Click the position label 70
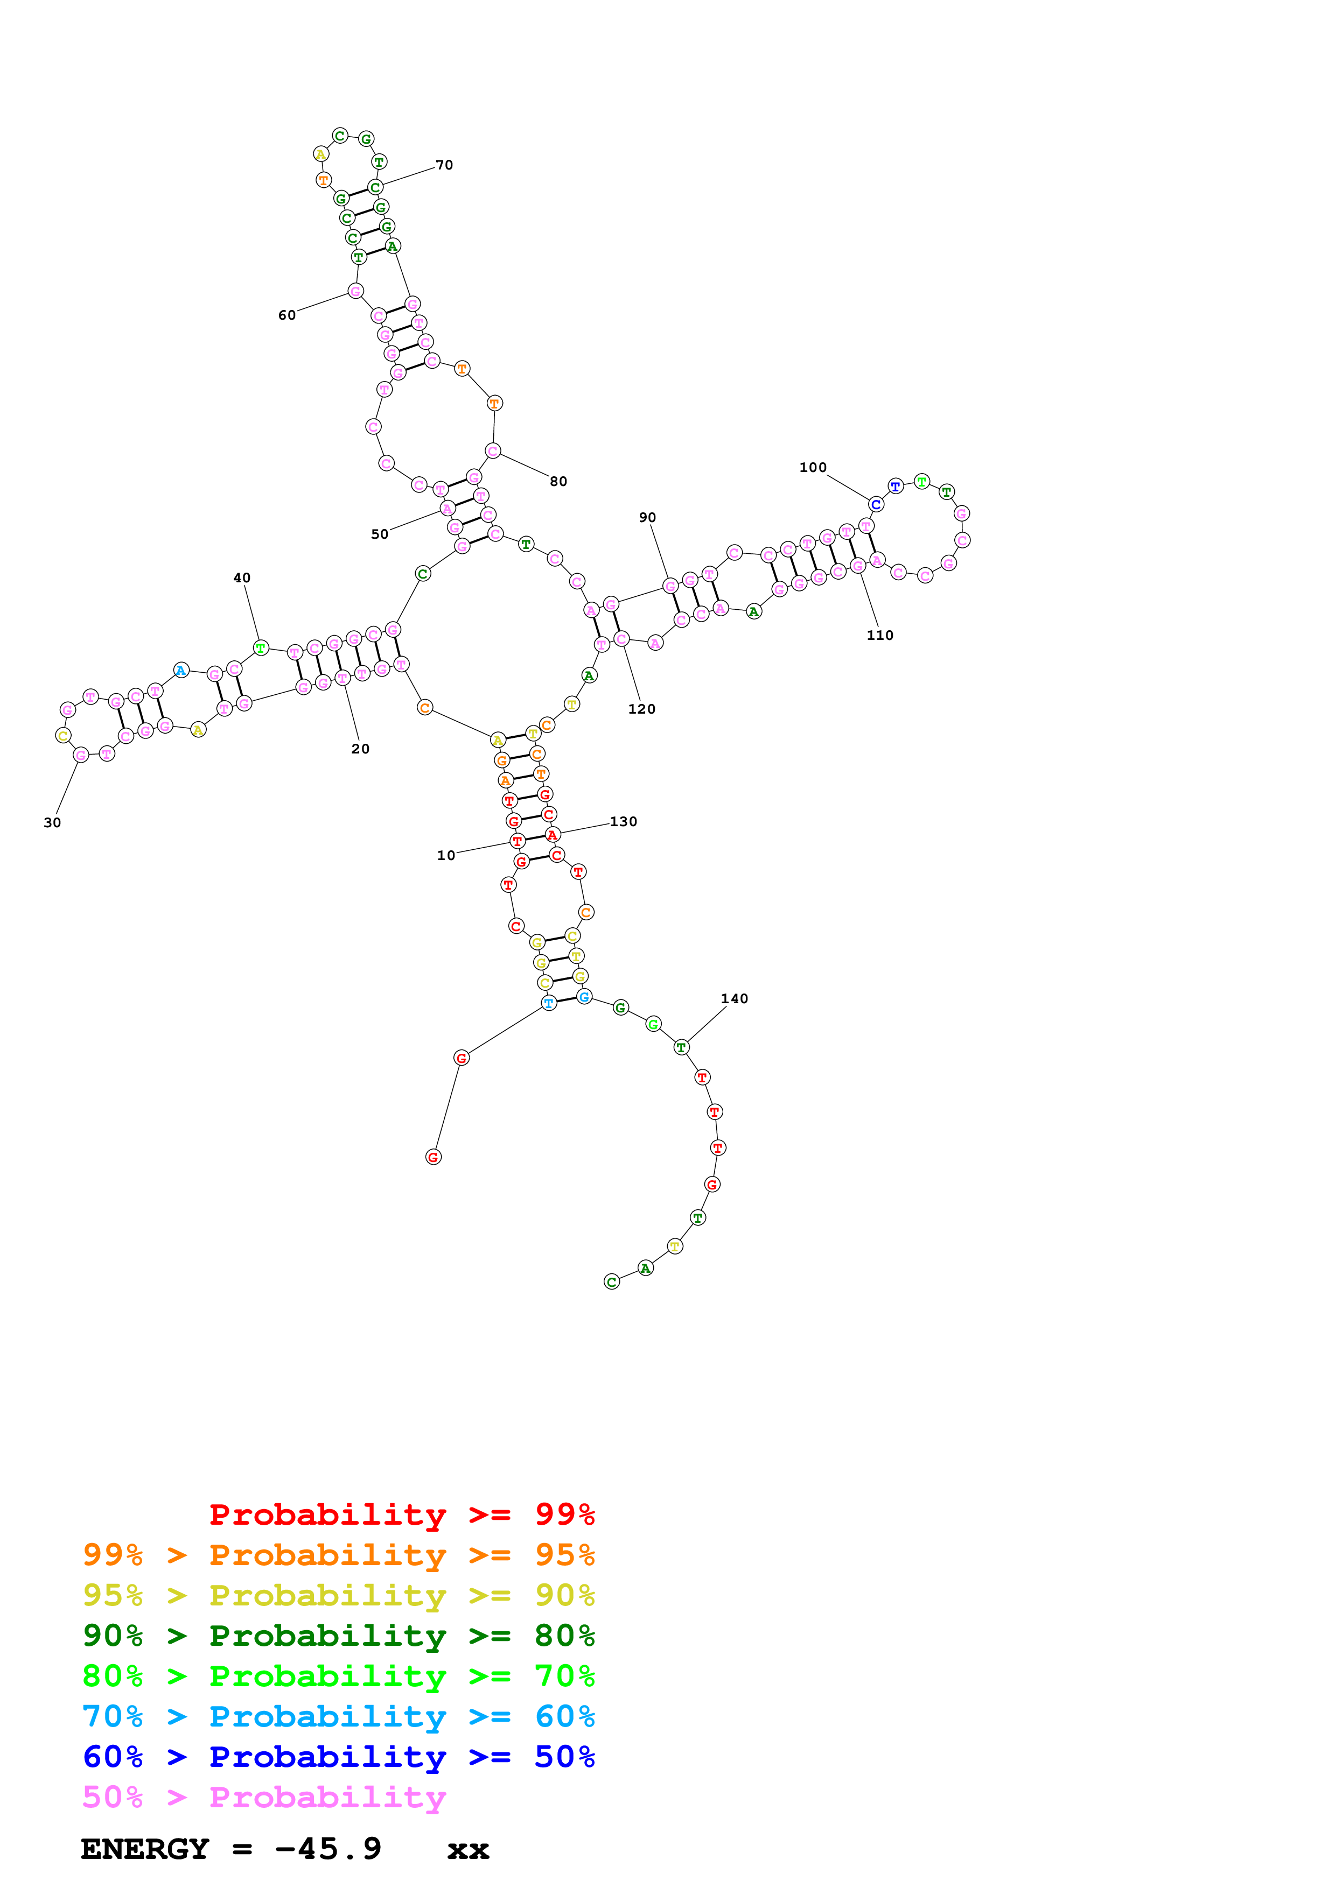(444, 165)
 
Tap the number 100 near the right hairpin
(813, 468)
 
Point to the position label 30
(52, 823)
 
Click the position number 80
(558, 482)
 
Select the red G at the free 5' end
(434, 1158)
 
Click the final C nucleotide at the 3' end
(611, 1282)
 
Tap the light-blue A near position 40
(181, 670)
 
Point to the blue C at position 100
(876, 504)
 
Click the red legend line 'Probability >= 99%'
(401, 1514)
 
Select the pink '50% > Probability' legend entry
(264, 1798)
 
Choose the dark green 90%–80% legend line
(338, 1636)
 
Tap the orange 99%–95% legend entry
(338, 1555)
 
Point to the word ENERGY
(145, 1849)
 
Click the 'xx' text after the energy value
(468, 1851)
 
